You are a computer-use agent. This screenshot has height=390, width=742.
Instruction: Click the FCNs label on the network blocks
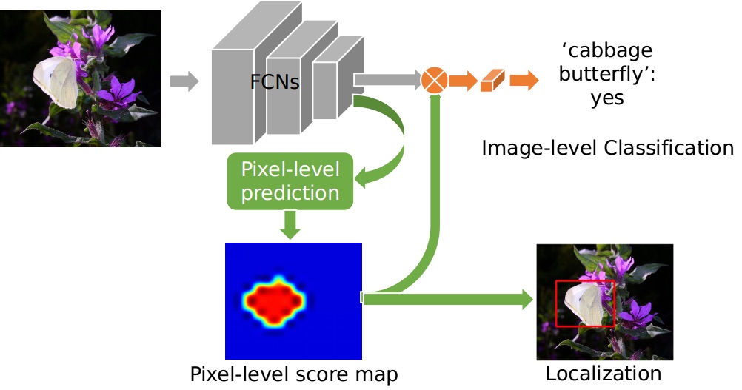[x=274, y=81]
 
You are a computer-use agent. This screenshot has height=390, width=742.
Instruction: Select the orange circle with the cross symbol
[x=434, y=80]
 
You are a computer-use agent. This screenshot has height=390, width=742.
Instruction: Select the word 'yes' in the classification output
[x=606, y=98]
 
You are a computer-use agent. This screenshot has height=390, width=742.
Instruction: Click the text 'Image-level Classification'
[x=607, y=148]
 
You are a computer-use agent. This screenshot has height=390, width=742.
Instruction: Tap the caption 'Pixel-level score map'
[x=294, y=374]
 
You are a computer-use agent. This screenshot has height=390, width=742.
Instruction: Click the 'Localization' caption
[x=604, y=374]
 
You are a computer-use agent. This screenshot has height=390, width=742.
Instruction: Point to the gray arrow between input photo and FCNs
[x=184, y=81]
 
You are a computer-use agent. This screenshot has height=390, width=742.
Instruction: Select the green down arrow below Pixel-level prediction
[x=291, y=223]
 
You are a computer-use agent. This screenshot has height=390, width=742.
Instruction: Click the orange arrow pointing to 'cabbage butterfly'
[x=524, y=81]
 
